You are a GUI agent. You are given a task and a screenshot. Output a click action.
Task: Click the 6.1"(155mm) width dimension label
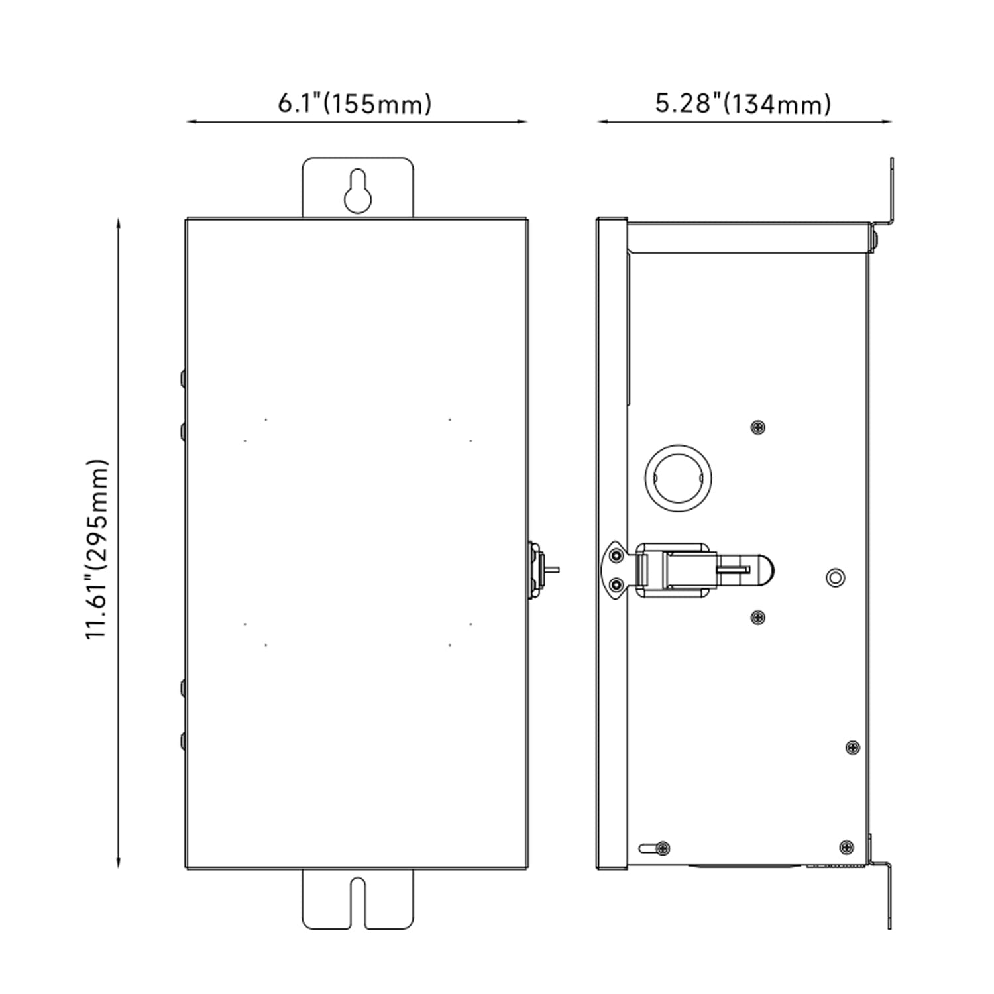(x=355, y=104)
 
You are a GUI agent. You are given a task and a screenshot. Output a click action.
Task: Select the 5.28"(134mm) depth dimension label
(x=743, y=104)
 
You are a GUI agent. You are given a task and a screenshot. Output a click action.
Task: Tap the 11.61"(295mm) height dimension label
(x=97, y=547)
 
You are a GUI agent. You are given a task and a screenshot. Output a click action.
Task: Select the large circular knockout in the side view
(x=679, y=477)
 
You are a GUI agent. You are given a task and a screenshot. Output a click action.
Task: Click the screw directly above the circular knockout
(x=758, y=427)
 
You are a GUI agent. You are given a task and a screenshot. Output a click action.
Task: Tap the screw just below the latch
(x=758, y=618)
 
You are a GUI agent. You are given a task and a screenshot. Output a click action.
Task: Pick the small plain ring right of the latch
(x=836, y=577)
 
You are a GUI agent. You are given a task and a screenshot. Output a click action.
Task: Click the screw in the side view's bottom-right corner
(x=846, y=846)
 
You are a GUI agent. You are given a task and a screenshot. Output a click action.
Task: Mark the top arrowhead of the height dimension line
(x=118, y=223)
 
